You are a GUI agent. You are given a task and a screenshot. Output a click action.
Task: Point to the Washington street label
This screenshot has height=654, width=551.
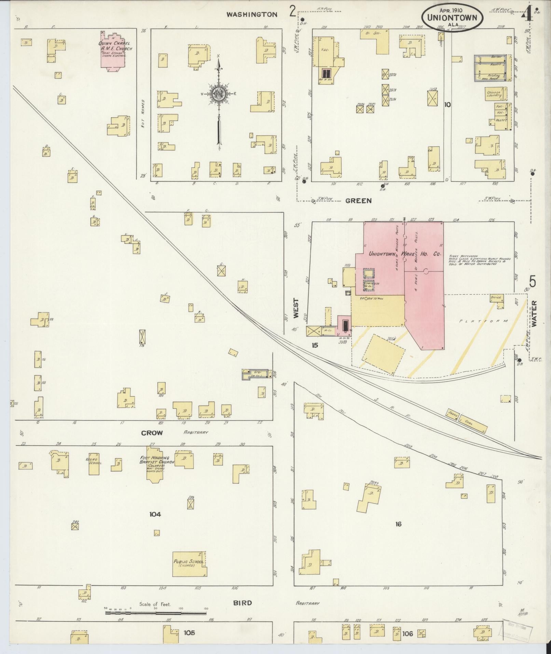[x=252, y=14]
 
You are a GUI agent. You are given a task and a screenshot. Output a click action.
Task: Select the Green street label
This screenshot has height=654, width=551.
[x=358, y=201]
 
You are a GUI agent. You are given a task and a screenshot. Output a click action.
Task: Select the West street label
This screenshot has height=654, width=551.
[x=295, y=309]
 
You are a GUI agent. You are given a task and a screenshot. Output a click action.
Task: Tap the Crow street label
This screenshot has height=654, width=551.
[x=152, y=433]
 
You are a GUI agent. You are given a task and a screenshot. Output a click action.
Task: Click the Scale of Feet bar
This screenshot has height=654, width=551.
[x=155, y=613]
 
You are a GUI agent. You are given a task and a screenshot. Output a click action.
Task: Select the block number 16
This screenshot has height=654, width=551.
[x=398, y=524]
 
